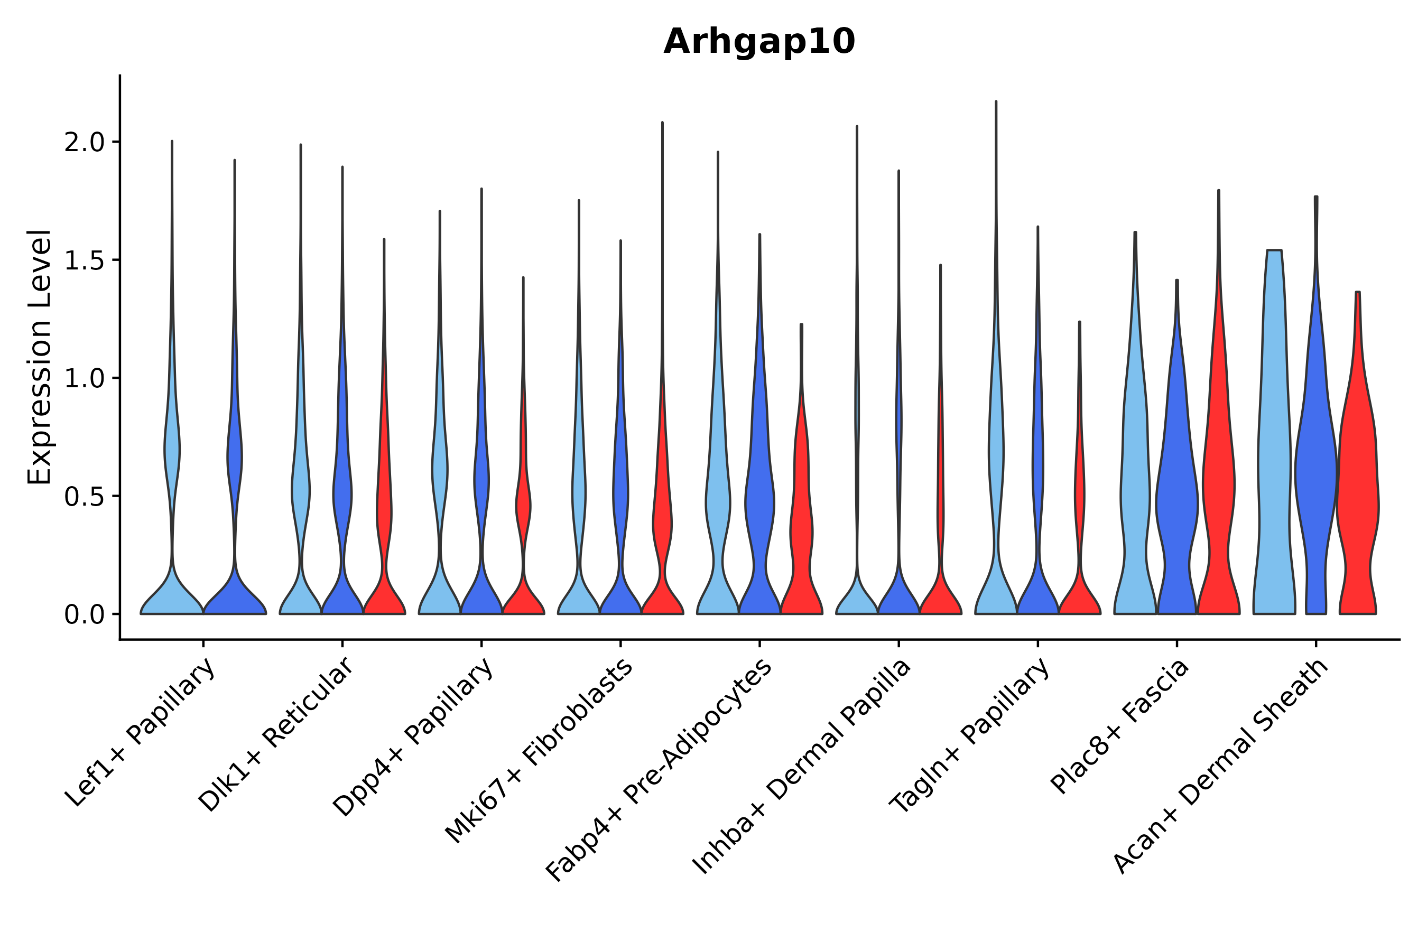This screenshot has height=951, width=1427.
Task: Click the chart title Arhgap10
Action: click(759, 42)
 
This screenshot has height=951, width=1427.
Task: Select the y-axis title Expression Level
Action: click(40, 357)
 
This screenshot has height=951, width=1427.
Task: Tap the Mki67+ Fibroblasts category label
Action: click(540, 751)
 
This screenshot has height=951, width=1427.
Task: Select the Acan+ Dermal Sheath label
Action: click(1221, 767)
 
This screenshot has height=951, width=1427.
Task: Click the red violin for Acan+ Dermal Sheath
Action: click(1358, 485)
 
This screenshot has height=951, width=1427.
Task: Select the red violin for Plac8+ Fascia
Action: click(1218, 485)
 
